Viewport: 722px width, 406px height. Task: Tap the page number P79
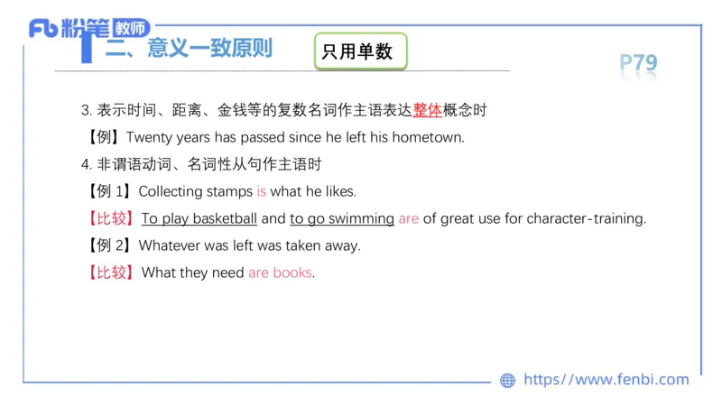(638, 63)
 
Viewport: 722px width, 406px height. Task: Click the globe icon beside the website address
(508, 381)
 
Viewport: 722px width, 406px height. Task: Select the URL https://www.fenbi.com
(606, 380)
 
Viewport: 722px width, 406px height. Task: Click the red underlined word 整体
(428, 111)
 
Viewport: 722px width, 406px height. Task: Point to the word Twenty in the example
(151, 138)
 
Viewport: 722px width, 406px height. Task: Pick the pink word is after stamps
(262, 191)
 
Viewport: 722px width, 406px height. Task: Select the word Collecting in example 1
(171, 191)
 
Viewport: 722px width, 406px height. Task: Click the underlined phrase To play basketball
(199, 218)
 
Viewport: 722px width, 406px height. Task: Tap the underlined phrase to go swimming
(342, 218)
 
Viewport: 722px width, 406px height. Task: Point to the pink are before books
(258, 272)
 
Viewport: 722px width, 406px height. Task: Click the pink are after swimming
(409, 218)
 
